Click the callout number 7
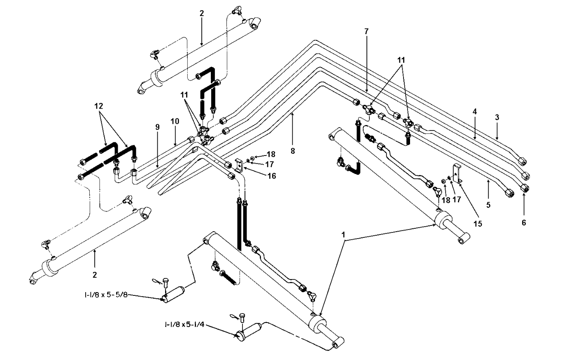click(366, 32)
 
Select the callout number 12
click(99, 106)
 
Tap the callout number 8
click(293, 151)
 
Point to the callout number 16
click(272, 176)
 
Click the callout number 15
click(478, 224)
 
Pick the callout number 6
click(524, 223)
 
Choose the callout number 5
click(488, 205)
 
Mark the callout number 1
click(343, 235)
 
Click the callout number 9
click(158, 127)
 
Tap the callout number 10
click(175, 121)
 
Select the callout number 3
click(497, 117)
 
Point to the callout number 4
click(474, 111)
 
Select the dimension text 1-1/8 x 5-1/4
click(184, 325)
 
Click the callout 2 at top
click(202, 14)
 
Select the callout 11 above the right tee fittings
click(401, 60)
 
